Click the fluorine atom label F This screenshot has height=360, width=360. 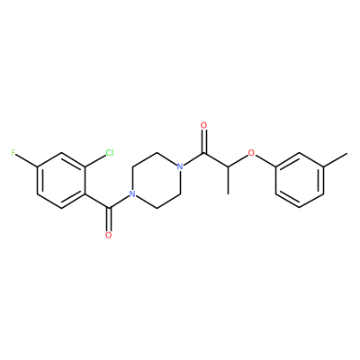13,153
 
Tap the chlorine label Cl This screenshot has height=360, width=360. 110,153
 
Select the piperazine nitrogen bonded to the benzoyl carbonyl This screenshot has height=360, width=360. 131,193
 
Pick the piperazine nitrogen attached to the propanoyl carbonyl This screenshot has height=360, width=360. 180,166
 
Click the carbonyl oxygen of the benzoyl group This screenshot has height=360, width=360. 109,235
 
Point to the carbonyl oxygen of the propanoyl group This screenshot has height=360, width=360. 204,125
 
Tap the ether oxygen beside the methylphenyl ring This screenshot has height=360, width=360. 251,153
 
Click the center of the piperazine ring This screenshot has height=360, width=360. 156,180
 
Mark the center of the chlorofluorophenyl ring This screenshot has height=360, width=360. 61,180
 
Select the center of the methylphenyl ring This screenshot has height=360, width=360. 300,180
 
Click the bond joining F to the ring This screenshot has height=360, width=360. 26,159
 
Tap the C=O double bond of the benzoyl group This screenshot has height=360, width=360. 109,219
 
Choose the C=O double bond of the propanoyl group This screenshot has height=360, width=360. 204,141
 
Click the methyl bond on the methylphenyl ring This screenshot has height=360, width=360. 336,159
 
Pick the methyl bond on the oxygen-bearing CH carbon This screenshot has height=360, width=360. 228,180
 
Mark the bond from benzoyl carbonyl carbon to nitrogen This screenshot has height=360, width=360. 119,202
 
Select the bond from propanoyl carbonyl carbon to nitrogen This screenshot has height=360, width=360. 193,158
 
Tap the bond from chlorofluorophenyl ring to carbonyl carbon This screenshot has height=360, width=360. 97,201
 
